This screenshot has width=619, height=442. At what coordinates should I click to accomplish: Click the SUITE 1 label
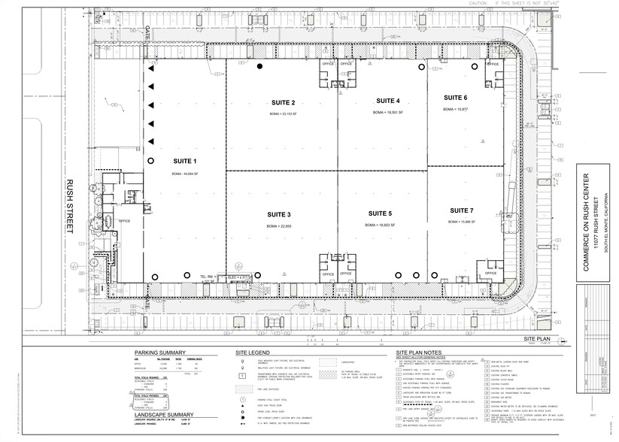point(184,161)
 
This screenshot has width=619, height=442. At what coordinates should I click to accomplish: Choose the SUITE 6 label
point(455,98)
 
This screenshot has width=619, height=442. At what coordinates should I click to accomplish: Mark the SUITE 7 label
point(460,210)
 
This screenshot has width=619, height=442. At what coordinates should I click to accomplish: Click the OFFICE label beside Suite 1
point(125,221)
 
